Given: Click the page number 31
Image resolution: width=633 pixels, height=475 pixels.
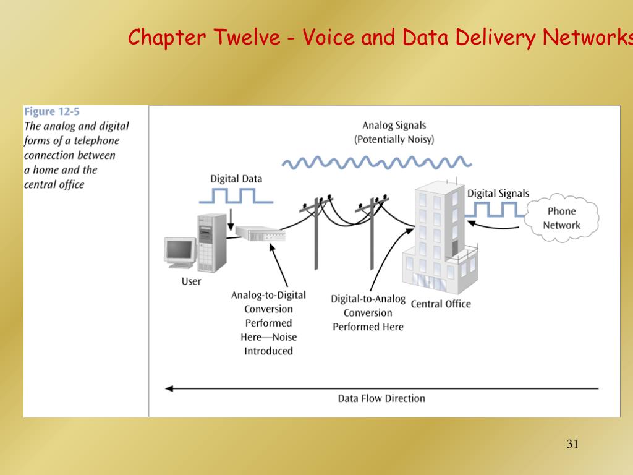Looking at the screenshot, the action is point(572,444).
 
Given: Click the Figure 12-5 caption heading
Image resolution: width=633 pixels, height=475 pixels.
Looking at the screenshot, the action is point(52,112).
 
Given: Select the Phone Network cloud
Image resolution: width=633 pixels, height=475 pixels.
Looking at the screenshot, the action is point(561,218).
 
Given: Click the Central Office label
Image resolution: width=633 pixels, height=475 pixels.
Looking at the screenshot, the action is point(441,304).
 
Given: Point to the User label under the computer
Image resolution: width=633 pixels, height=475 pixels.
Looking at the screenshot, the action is point(191,281).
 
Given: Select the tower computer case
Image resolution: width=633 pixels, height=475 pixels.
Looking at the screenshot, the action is point(211,242).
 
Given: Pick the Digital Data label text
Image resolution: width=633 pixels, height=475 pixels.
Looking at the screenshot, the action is point(236,179).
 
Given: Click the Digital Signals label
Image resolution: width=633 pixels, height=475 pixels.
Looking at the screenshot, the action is point(498,194).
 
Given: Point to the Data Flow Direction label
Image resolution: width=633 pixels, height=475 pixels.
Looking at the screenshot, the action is point(381,398).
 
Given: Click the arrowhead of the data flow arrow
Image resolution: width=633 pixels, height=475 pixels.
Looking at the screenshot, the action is point(168,388).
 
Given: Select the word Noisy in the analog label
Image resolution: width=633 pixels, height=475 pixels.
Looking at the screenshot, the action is point(418,139).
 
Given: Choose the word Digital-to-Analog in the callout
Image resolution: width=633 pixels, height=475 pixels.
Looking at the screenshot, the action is point(368,299).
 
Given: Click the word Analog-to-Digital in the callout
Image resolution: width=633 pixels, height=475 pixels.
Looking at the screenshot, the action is point(268,295).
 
